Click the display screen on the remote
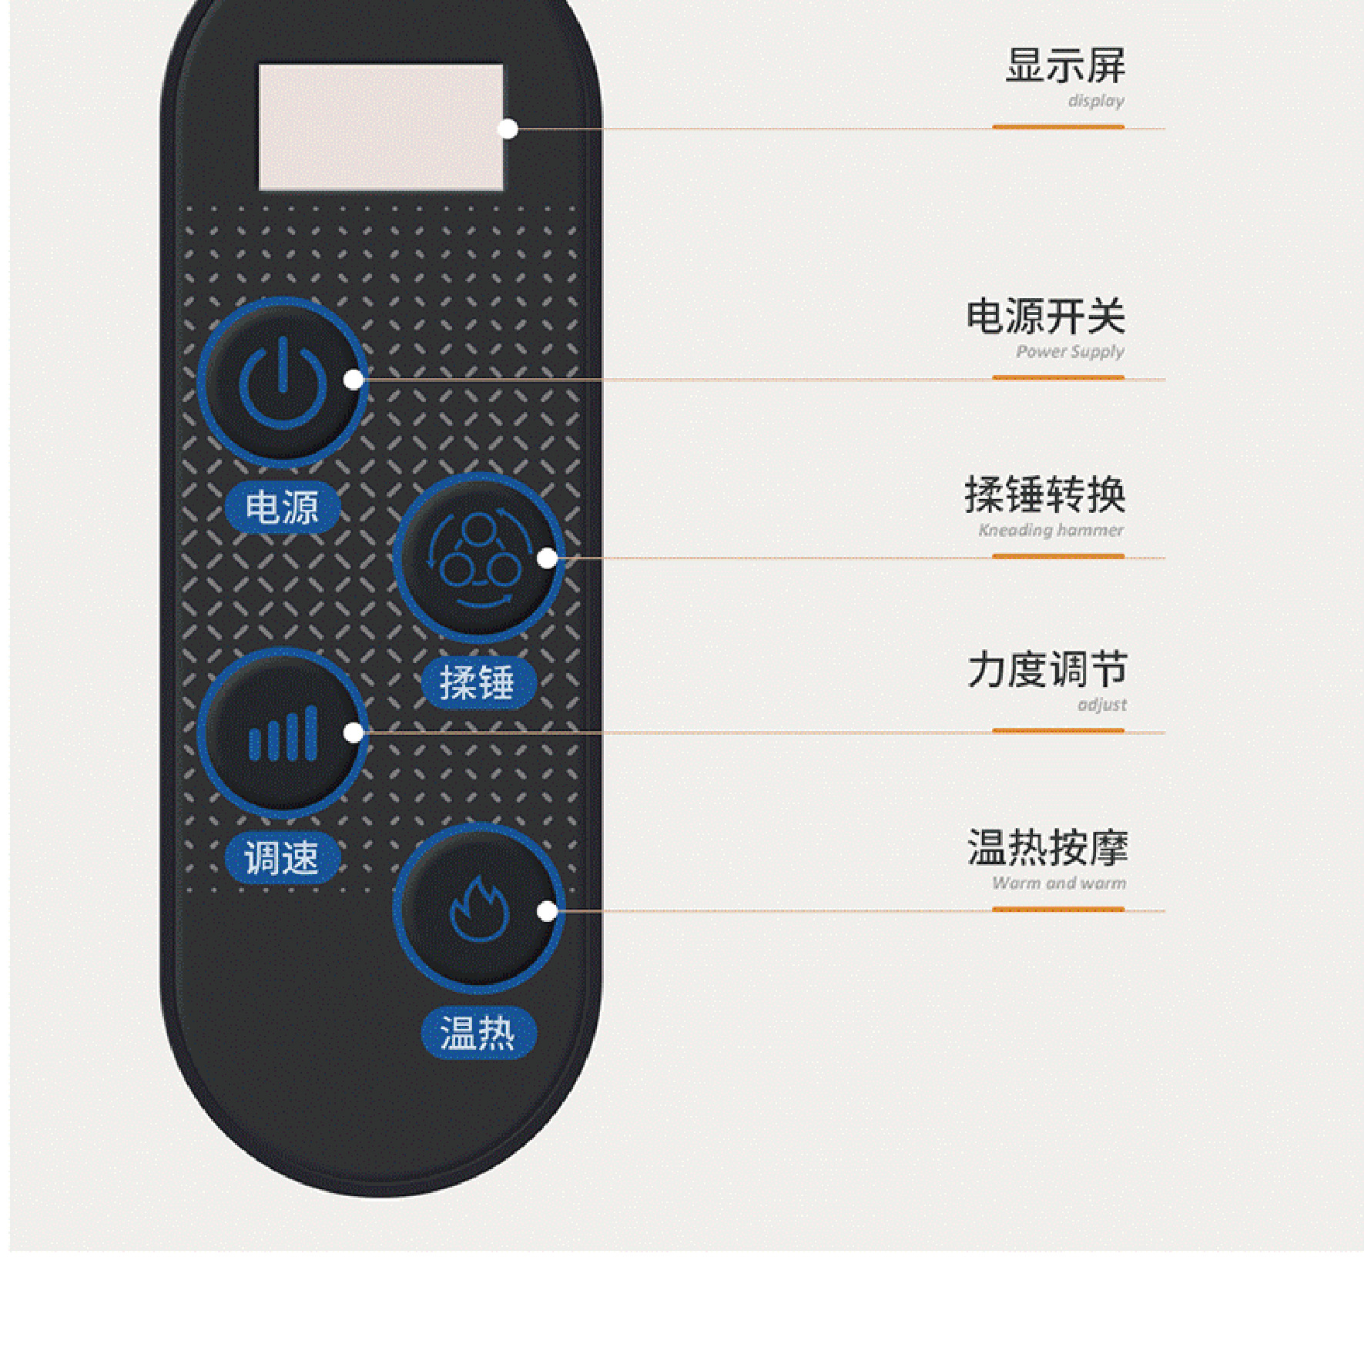point(380,127)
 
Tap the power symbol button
point(283,382)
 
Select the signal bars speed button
point(283,732)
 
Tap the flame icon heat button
point(478,909)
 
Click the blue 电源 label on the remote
point(282,508)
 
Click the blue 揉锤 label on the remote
point(478,683)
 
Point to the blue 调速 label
point(282,857)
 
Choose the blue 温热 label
point(478,1033)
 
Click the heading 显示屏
point(1065,65)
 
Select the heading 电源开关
point(1046,317)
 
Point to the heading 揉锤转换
point(1045,494)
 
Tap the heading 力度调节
point(1047,669)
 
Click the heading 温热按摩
point(1047,848)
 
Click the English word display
point(1095,101)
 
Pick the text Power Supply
point(1070,352)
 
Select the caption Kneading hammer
point(1051,530)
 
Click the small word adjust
point(1101,705)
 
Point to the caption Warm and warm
point(1058,883)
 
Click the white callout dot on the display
point(508,129)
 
